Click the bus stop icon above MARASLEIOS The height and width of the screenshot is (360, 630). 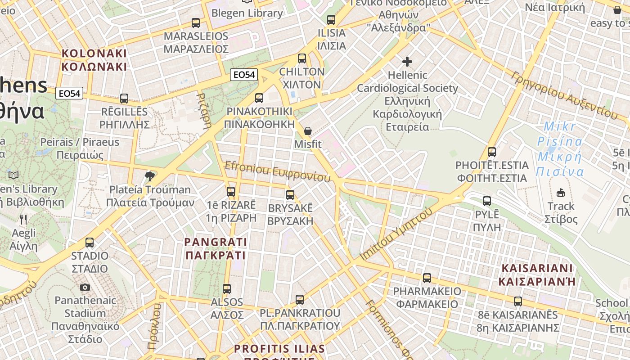coord(195,22)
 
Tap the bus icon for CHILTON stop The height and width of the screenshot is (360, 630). coord(301,58)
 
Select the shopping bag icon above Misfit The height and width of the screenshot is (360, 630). coord(308,131)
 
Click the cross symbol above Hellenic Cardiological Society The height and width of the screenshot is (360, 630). coord(407,61)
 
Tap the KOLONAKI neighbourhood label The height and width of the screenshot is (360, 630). coord(94,60)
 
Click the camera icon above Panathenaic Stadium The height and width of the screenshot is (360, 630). coord(85,287)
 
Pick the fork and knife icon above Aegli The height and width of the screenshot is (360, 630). coord(23,220)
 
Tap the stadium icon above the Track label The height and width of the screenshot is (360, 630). coord(560,193)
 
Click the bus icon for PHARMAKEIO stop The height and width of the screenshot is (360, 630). coord(427,278)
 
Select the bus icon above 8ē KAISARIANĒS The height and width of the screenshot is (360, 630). coord(517,301)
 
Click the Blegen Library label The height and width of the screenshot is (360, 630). coord(247,13)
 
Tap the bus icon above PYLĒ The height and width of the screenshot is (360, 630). coord(486,201)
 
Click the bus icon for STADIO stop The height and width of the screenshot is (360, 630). coord(90,243)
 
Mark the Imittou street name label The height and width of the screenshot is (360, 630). coord(396,234)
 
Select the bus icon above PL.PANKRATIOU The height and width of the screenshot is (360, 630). coord(299,299)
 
